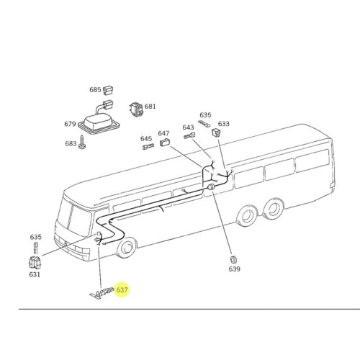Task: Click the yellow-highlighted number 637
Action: coord(122,290)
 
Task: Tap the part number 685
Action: coord(95,90)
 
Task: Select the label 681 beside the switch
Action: coord(150,107)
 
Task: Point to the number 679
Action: coord(70,124)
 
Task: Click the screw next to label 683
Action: coord(83,143)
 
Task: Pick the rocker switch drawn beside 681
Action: coord(137,109)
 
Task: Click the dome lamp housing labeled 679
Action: coord(99,125)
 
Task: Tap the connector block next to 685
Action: coord(108,91)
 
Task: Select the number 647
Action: coord(163,133)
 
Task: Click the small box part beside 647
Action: coord(165,143)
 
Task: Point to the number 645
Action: coord(146,139)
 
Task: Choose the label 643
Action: coord(188,127)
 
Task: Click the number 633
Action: coord(224,124)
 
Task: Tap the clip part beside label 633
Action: coord(216,132)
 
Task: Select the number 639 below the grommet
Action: coord(234,269)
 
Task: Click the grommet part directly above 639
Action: coord(233,259)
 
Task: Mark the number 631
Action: coord(35,274)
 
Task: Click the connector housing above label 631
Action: coord(35,262)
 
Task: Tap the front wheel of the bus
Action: coord(126,248)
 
